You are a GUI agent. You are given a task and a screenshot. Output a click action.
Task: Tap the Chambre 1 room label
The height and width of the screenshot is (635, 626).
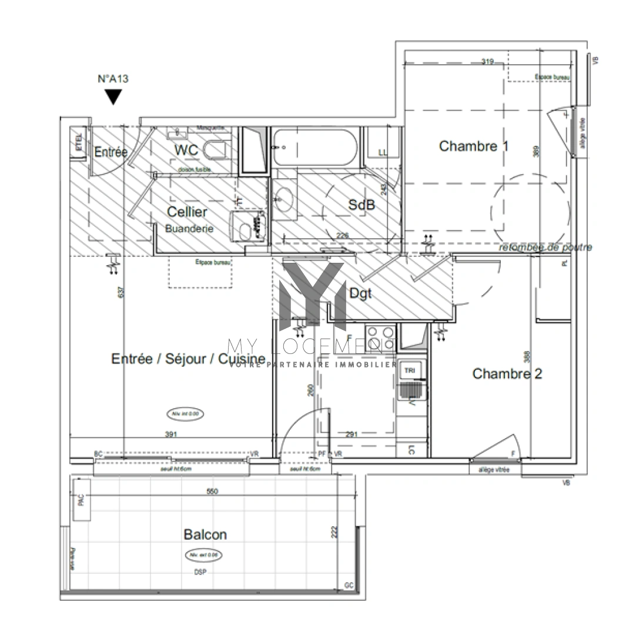(x=474, y=146)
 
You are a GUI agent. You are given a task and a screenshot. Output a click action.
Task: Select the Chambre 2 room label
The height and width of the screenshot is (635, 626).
(x=507, y=373)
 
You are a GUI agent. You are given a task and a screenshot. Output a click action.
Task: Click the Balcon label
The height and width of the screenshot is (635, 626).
(x=205, y=534)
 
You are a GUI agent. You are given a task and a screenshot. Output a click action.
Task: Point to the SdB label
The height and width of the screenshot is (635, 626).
(x=361, y=205)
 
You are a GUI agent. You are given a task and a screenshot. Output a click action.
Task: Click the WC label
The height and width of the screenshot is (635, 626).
(x=186, y=149)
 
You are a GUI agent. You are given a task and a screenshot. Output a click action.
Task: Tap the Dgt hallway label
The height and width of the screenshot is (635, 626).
(x=360, y=294)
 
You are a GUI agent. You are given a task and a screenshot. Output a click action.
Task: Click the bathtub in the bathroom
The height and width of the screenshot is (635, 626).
(x=314, y=148)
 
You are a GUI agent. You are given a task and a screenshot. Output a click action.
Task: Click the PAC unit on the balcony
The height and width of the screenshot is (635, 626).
(x=81, y=500)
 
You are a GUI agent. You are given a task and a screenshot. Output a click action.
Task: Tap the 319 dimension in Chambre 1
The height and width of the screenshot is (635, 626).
(x=487, y=61)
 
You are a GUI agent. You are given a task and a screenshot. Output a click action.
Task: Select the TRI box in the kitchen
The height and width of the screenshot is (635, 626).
(x=409, y=370)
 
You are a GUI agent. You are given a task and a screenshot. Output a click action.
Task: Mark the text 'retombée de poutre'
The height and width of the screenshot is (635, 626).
(x=545, y=247)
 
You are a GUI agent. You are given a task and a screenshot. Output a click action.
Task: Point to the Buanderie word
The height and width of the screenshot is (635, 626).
(x=189, y=229)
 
